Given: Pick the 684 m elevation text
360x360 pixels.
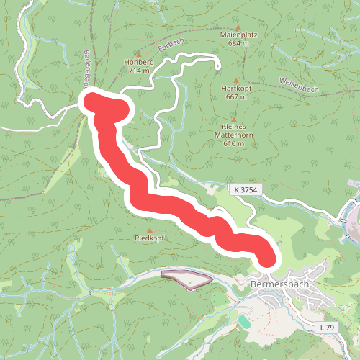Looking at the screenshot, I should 238,43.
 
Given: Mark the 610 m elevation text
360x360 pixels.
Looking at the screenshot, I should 234,144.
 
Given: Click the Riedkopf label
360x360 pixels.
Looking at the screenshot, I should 150,238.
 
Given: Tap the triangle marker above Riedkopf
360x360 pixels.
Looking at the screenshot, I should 150,230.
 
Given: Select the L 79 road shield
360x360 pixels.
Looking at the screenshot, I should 326,328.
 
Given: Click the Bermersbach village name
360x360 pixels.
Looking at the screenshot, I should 279,284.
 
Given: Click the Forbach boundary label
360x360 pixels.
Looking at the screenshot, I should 168,48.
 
